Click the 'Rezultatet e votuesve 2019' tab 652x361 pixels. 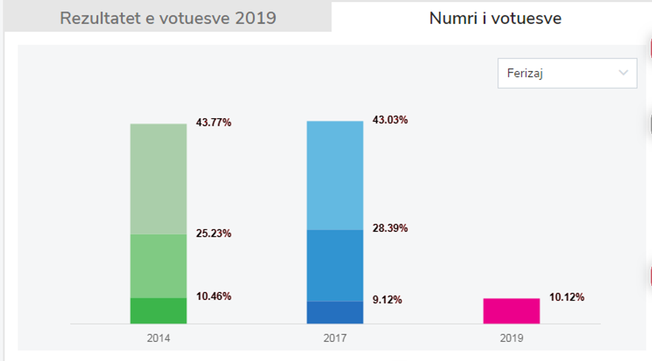[168, 18]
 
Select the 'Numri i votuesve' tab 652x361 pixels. [495, 18]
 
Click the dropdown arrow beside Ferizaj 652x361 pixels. [623, 73]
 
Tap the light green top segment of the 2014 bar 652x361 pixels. [158, 178]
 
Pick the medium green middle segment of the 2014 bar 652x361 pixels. [158, 266]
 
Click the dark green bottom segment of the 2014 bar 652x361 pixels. [158, 310]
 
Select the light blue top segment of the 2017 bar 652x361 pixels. [335, 175]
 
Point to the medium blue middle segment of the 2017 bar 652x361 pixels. [335, 265]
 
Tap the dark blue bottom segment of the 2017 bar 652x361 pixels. [335, 312]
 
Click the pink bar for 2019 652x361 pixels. [511, 310]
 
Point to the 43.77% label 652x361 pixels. [214, 122]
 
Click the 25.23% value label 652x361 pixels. [214, 233]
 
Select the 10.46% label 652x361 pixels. [214, 297]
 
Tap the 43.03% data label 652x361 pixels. [390, 120]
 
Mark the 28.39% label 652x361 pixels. [390, 228]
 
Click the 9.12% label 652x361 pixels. [387, 300]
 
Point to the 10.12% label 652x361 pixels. [567, 297]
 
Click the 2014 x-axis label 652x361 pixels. [158, 338]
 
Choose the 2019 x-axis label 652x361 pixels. [511, 338]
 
